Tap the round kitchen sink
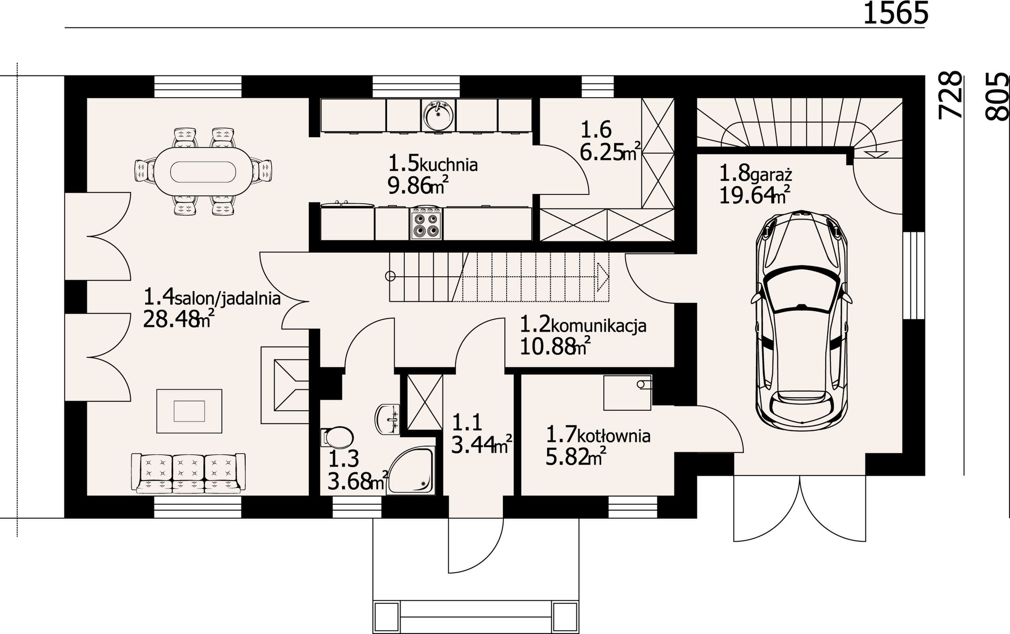[x=438, y=114]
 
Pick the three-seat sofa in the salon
[x=188, y=473]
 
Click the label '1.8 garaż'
[x=756, y=174]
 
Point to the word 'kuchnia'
[x=449, y=165]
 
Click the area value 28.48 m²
[x=179, y=320]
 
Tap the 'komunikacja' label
[x=599, y=325]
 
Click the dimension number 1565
[x=896, y=13]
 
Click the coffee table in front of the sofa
[x=189, y=411]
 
